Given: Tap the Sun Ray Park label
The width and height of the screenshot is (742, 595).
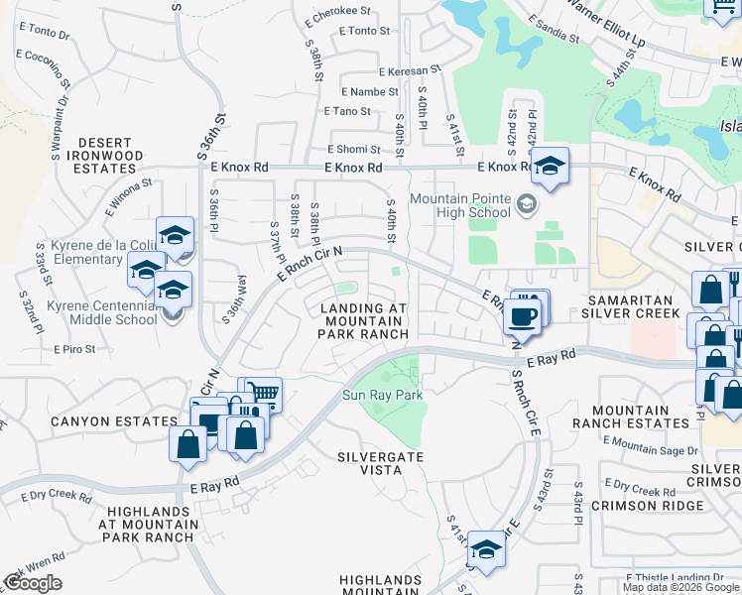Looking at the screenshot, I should [383, 396].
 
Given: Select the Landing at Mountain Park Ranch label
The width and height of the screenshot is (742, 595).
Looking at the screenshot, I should [364, 321].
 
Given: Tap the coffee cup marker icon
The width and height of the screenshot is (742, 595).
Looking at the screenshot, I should [522, 317].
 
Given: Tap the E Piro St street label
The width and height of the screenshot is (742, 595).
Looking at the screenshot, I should [74, 349].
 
